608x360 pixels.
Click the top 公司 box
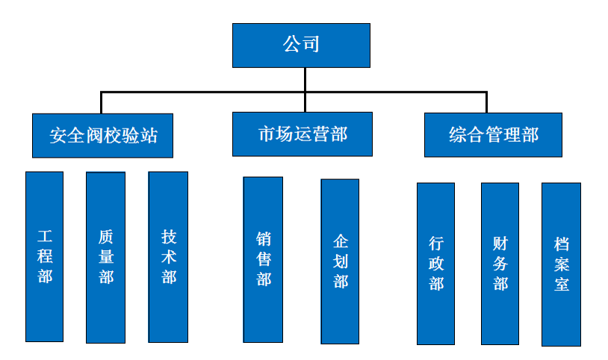click(x=301, y=45)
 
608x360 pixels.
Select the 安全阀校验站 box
click(x=103, y=135)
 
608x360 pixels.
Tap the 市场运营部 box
click(x=303, y=134)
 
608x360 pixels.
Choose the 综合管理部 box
click(x=493, y=134)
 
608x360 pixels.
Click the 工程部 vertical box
click(x=45, y=256)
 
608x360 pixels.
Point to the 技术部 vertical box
click(x=168, y=256)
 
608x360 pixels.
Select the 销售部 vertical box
click(x=263, y=259)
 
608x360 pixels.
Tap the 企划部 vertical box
click(x=340, y=261)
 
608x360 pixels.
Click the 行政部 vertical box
click(x=435, y=263)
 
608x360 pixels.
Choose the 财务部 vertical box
click(x=500, y=263)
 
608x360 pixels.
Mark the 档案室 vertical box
click(x=561, y=264)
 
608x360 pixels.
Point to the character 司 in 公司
click(x=311, y=44)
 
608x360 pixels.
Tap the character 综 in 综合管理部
click(x=458, y=135)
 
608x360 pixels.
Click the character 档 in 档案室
click(x=562, y=244)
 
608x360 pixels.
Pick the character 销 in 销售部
click(x=263, y=240)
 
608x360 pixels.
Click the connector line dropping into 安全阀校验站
click(x=102, y=103)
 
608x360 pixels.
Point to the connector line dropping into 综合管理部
click(x=486, y=102)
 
